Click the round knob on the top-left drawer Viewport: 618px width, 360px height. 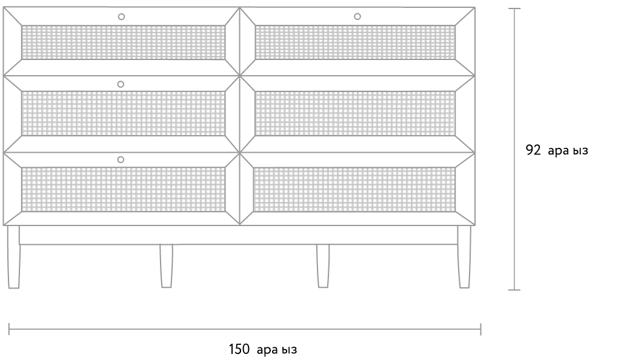[x=121, y=16]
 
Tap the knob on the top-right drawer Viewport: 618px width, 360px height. [x=357, y=16]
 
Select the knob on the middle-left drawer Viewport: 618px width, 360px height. [x=121, y=84]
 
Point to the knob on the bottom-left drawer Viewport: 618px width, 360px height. [x=121, y=159]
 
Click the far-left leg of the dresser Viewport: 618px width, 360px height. [x=13, y=257]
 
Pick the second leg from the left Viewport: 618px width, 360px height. [x=167, y=266]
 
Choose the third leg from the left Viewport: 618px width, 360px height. [x=323, y=266]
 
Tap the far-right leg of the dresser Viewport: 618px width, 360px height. [x=464, y=257]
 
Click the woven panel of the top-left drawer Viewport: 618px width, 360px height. [x=124, y=42]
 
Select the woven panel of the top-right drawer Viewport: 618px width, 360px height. [x=355, y=42]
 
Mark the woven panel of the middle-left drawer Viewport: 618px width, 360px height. [x=124, y=113]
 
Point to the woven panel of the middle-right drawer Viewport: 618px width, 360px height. [x=355, y=113]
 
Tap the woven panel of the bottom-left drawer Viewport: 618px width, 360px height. [x=124, y=189]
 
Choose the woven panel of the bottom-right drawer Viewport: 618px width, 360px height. [x=354, y=189]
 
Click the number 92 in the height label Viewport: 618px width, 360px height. [x=533, y=150]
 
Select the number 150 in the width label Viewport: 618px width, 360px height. [x=239, y=349]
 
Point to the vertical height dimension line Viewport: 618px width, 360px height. [x=514, y=149]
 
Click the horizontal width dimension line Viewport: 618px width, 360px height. [x=245, y=328]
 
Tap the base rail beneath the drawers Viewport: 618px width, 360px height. [x=239, y=235]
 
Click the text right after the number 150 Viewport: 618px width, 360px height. [x=277, y=350]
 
